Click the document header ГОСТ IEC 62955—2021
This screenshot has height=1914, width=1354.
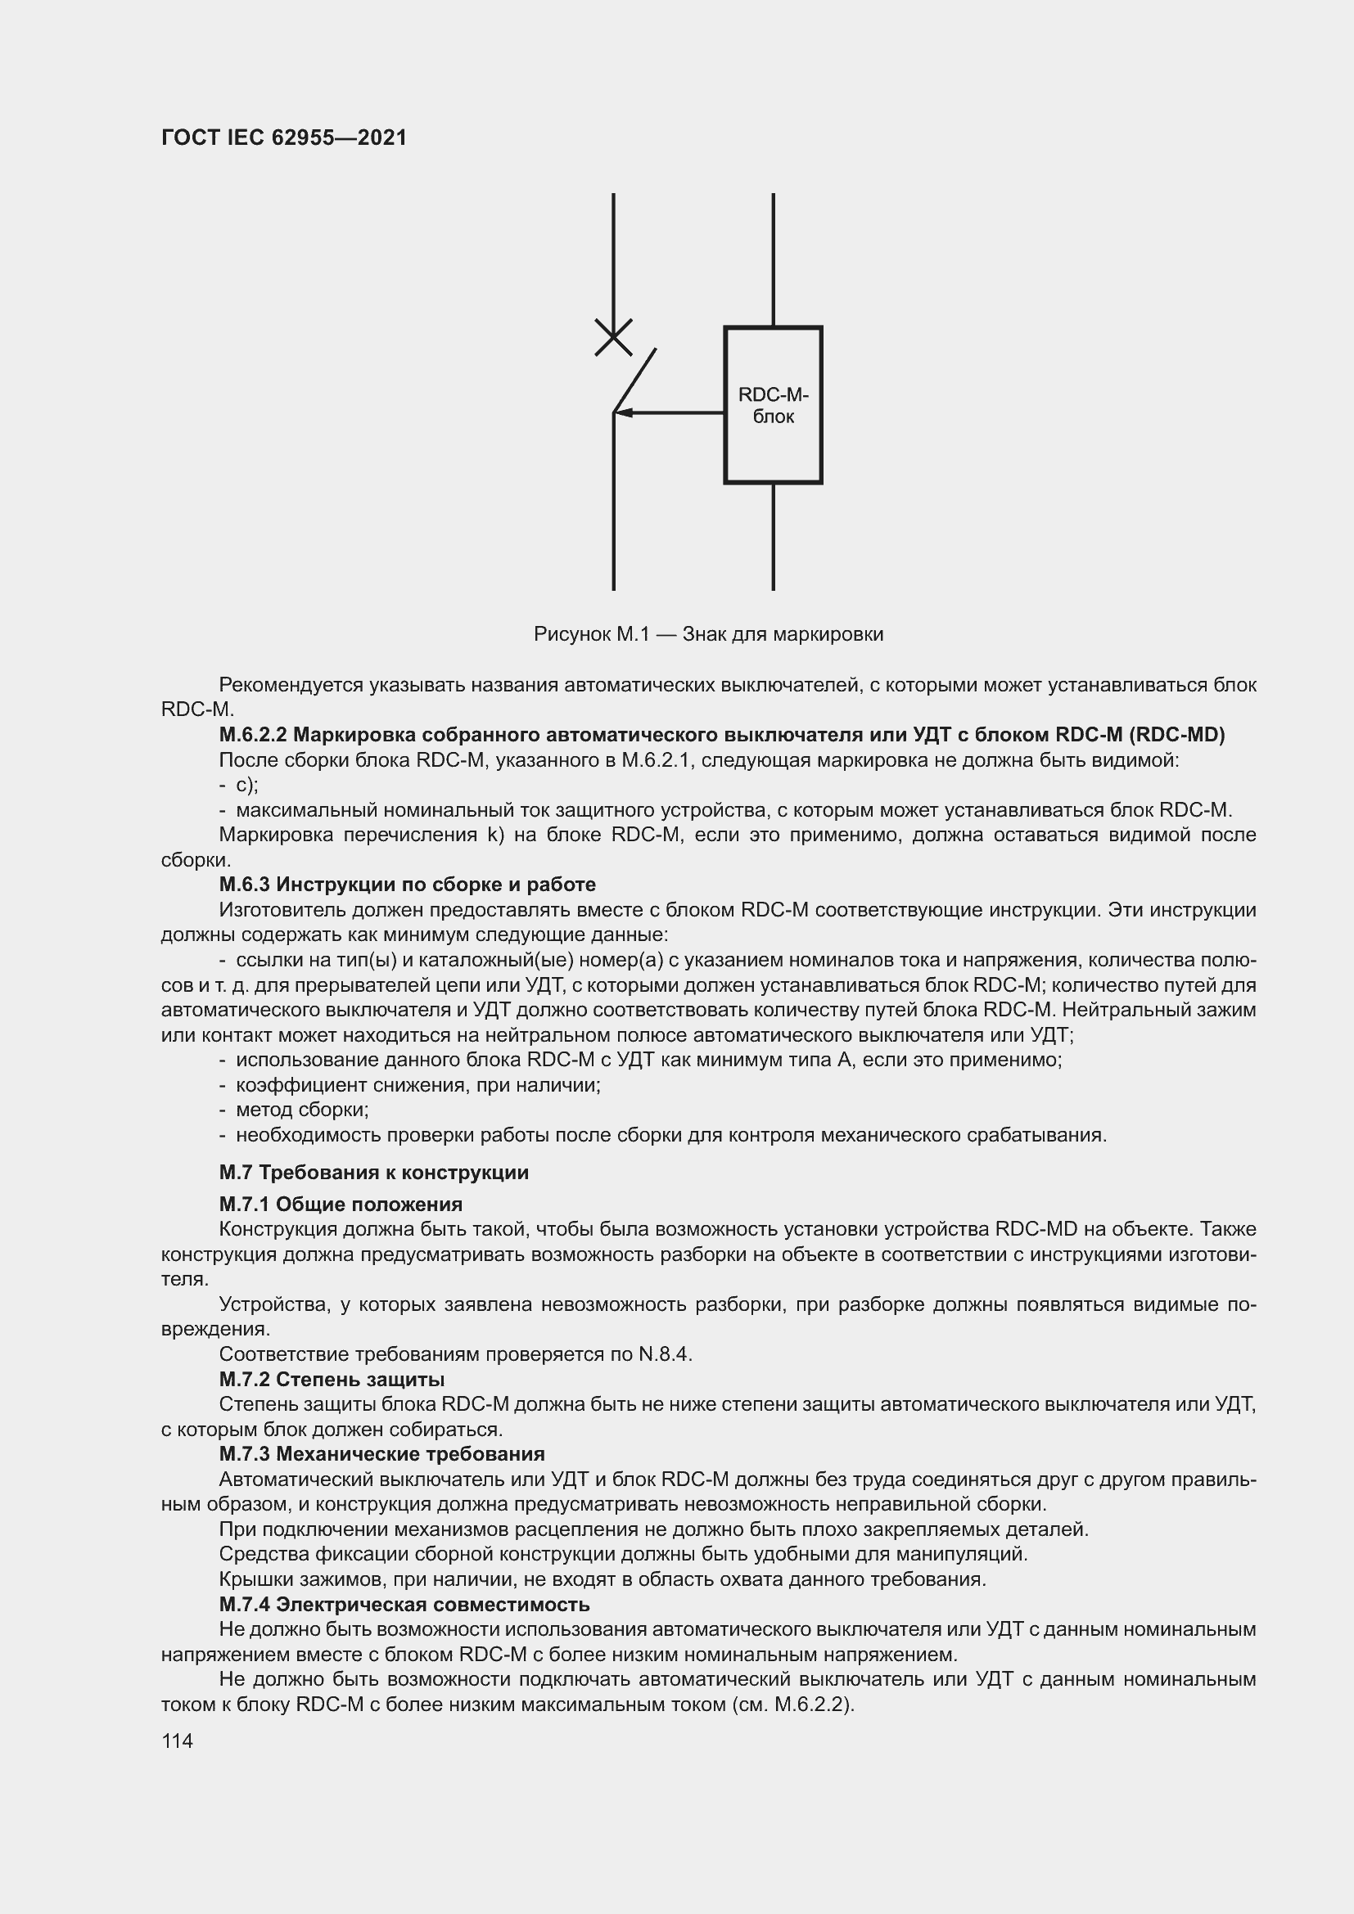[284, 137]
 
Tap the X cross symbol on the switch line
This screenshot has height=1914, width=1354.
[613, 337]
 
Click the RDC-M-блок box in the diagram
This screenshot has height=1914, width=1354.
[773, 405]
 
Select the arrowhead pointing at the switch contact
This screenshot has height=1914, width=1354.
[624, 412]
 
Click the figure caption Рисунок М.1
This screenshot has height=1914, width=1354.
[708, 634]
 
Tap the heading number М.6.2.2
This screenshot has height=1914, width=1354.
[253, 734]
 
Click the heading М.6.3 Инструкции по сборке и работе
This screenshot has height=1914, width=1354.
[407, 885]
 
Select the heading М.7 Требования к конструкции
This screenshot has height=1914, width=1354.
[373, 1173]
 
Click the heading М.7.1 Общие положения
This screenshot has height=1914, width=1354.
[341, 1205]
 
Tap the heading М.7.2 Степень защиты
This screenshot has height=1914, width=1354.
[331, 1380]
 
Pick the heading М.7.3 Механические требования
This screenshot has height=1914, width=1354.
[381, 1454]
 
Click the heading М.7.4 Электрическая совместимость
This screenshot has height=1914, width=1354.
[404, 1605]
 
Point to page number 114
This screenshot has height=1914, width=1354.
[177, 1741]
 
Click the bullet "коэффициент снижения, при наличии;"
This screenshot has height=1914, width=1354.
[417, 1085]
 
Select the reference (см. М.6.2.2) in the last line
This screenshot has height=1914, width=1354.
[792, 1705]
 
